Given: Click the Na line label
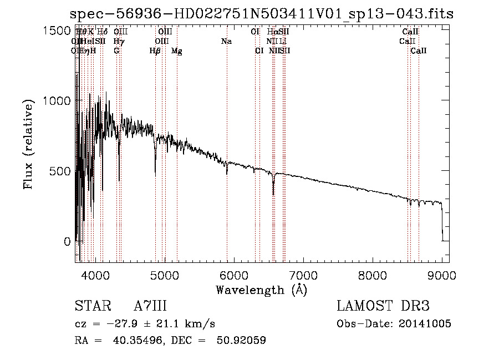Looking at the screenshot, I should pyautogui.click(x=226, y=41).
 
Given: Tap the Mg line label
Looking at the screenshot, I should pyautogui.click(x=177, y=50).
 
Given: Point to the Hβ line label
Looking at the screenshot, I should pyautogui.click(x=155, y=50).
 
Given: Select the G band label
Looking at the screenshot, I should pyautogui.click(x=116, y=50).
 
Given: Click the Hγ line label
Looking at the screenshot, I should pyautogui.click(x=119, y=41).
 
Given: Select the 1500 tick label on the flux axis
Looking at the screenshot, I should pyautogui.click(x=56, y=31).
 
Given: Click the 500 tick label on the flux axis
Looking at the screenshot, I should pyautogui.click(x=59, y=171).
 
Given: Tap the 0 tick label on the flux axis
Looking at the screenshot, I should pyautogui.click(x=67, y=241).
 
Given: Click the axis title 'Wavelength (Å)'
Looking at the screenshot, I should pyautogui.click(x=261, y=290).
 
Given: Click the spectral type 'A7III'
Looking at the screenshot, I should pyautogui.click(x=150, y=306).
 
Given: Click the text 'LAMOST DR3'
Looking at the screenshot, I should pyautogui.click(x=383, y=306).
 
